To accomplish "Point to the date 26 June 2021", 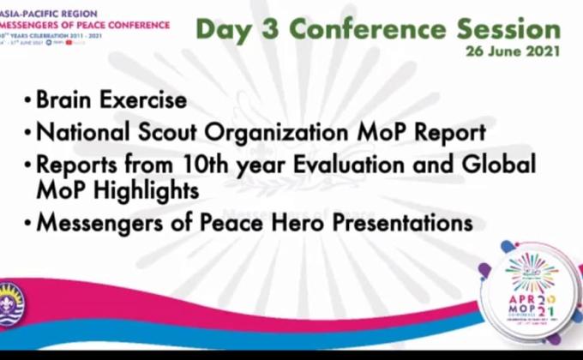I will pos(514,51).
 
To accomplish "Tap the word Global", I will pos(501,164).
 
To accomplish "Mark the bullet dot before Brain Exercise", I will pos(28,101).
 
